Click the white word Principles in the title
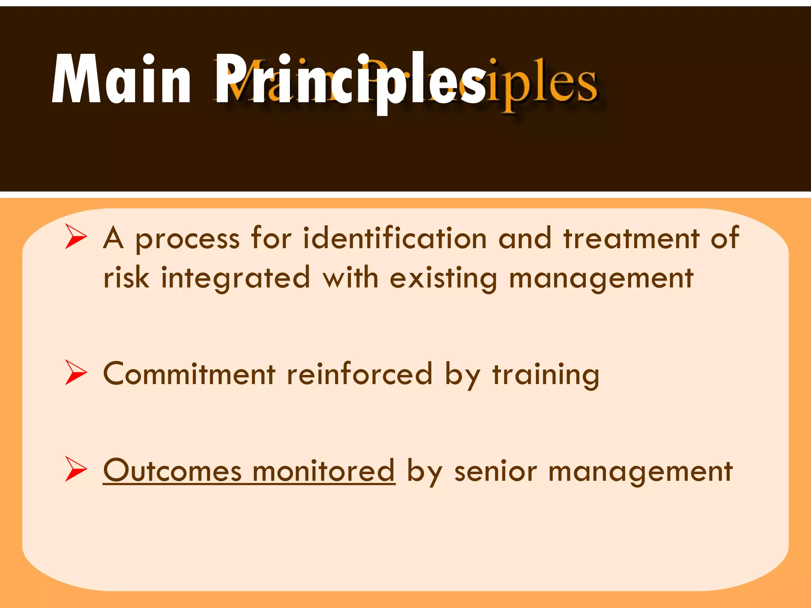pyautogui.click(x=350, y=81)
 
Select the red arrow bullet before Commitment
pyautogui.click(x=76, y=372)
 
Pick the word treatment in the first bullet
pyautogui.click(x=631, y=238)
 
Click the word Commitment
pyautogui.click(x=189, y=374)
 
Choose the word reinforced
pyautogui.click(x=359, y=374)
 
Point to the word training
pyautogui.click(x=546, y=375)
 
